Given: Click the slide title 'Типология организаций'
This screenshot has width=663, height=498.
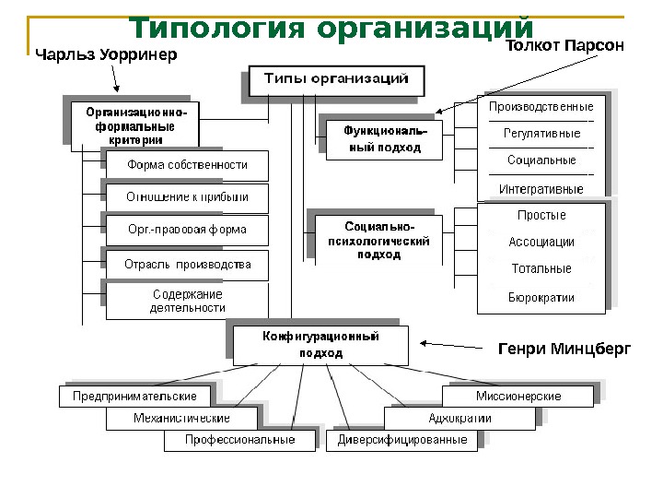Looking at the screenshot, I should [x=330, y=28].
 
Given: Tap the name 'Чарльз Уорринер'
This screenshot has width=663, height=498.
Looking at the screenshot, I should [x=105, y=55].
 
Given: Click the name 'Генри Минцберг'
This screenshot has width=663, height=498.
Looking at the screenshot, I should [x=564, y=350].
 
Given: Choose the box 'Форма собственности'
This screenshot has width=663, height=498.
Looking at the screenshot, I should [x=187, y=165].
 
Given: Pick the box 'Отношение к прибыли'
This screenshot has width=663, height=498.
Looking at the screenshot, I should [x=187, y=197].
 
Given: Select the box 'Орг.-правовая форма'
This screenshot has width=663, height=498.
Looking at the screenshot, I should [x=187, y=230].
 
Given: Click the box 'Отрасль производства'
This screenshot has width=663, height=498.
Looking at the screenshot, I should [x=187, y=265].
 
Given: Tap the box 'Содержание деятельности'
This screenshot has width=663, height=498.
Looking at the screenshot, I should [x=187, y=301].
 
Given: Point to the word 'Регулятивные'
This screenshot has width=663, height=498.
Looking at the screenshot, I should [x=541, y=134].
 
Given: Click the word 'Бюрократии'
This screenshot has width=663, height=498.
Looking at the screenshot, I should [x=541, y=298].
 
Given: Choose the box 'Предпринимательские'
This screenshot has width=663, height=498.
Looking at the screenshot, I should [x=134, y=397].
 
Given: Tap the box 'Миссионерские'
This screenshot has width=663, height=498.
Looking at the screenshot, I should [x=518, y=397].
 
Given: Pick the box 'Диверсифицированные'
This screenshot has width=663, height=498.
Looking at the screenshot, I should [x=402, y=441].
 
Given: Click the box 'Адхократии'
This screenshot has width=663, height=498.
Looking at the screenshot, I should [x=459, y=419].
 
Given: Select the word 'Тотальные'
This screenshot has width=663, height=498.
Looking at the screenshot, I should [x=541, y=269].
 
